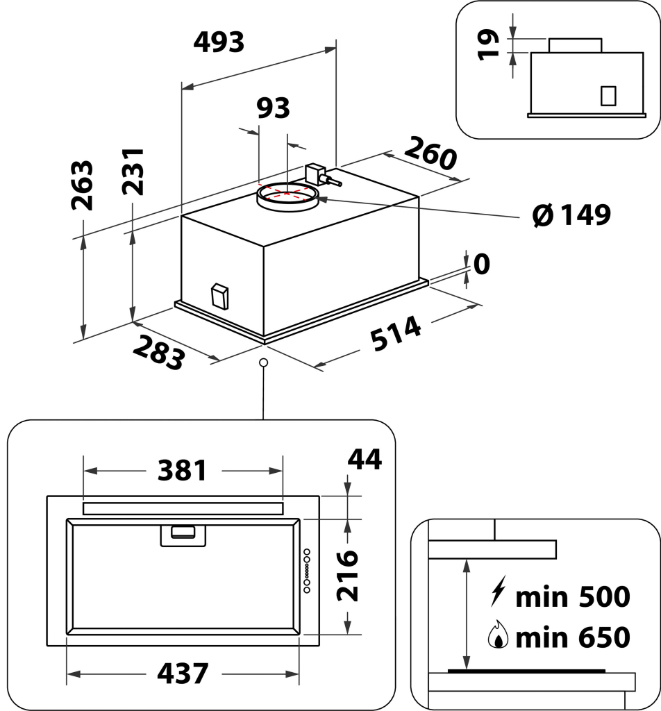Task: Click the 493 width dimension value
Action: [219, 43]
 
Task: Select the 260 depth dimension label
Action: [430, 153]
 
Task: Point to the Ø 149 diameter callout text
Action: [571, 215]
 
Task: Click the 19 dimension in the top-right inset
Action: [490, 44]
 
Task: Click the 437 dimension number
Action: [183, 673]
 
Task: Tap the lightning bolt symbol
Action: [497, 594]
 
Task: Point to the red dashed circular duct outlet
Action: [288, 192]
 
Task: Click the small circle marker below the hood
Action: [263, 362]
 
